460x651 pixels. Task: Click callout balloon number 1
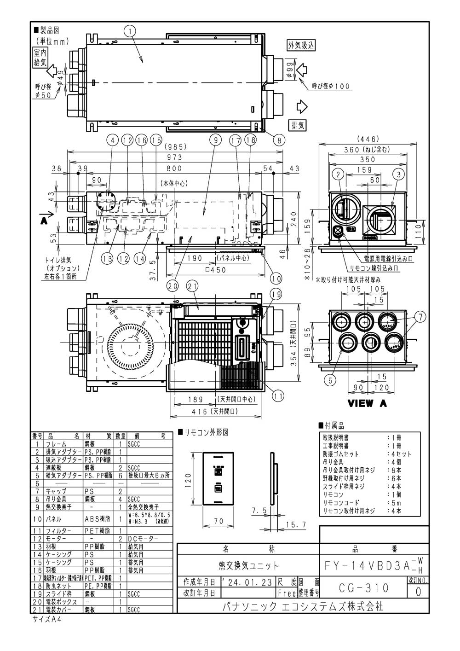click(131, 31)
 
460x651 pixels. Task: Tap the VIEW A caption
click(367, 403)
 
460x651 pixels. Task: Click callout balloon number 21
click(191, 286)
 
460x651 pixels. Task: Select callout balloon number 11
click(278, 395)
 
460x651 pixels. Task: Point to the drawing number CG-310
click(363, 588)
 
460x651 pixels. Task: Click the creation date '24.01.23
click(247, 582)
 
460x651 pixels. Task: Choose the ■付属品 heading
click(331, 426)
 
